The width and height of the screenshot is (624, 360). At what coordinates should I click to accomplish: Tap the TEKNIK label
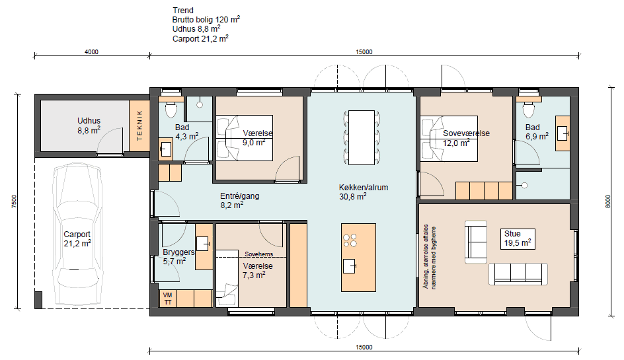[139, 126]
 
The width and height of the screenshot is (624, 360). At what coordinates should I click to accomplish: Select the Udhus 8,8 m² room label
[89, 126]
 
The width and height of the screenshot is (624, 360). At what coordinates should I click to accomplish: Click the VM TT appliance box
[167, 299]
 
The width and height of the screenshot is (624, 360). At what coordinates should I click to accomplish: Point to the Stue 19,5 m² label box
[518, 238]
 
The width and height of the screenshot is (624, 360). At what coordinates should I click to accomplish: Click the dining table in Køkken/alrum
[362, 137]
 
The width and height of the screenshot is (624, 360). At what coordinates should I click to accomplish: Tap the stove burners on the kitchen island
[350, 240]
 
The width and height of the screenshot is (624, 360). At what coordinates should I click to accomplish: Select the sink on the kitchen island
[350, 266]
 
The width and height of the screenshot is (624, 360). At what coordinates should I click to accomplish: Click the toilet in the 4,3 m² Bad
[171, 109]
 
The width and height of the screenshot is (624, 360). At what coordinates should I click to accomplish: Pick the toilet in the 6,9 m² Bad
[529, 109]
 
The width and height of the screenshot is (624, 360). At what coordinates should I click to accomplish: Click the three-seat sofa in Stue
[518, 274]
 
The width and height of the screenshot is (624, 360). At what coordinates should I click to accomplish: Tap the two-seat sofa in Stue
[476, 242]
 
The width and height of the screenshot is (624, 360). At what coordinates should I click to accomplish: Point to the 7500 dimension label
[15, 201]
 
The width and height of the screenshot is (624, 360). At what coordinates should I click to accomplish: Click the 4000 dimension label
[91, 52]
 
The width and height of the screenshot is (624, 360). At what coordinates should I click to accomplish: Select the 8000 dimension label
[607, 201]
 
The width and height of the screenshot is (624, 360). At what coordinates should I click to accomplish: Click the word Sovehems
[259, 254]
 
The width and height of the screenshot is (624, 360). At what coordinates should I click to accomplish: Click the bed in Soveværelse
[449, 139]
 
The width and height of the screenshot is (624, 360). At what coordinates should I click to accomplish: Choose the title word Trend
[183, 11]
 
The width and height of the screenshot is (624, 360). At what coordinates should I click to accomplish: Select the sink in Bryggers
[202, 244]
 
